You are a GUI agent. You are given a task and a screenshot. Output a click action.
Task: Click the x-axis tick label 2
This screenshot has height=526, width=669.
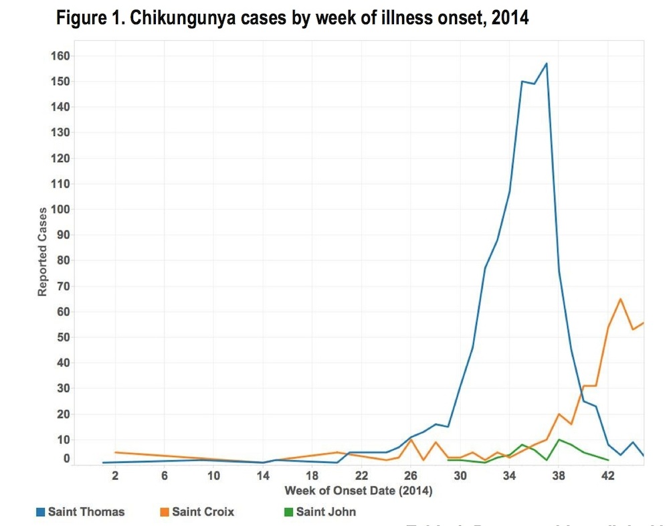pyautogui.click(x=115, y=476)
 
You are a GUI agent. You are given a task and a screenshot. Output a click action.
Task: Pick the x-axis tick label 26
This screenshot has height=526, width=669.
pyautogui.click(x=411, y=476)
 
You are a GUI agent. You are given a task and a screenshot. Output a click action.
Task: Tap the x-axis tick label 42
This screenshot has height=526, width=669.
pyautogui.click(x=608, y=476)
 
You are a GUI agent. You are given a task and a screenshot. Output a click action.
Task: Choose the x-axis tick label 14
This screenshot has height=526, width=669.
pyautogui.click(x=263, y=476)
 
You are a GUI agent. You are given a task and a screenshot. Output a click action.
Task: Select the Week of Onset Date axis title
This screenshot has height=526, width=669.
pyautogui.click(x=358, y=491)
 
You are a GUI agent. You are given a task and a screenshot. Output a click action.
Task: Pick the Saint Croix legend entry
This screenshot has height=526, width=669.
pyautogui.click(x=203, y=512)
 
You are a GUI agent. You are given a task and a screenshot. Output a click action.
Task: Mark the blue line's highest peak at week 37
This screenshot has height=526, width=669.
pyautogui.click(x=547, y=64)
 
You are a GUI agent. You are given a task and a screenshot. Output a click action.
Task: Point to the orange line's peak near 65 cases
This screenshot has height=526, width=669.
pyautogui.click(x=620, y=298)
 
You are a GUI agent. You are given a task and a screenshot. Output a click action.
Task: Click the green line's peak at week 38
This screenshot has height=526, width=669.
pyautogui.click(x=559, y=440)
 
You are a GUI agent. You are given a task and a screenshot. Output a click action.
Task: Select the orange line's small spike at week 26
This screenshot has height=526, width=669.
pyautogui.click(x=411, y=440)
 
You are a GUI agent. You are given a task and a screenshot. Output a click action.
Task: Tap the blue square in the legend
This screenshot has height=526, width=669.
pyautogui.click(x=41, y=513)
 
